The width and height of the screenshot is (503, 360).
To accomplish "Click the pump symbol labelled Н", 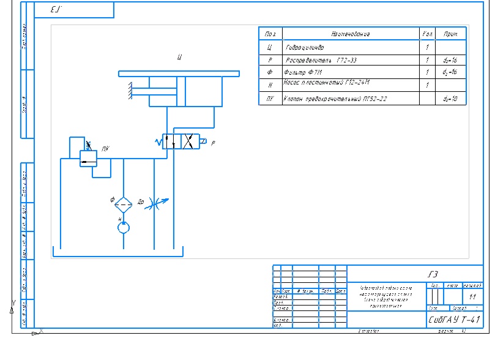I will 124,227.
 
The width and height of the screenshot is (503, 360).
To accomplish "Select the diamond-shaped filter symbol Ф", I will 124,204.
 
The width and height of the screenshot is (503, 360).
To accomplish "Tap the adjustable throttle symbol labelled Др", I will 157,202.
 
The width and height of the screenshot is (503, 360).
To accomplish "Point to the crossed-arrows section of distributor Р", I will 190,142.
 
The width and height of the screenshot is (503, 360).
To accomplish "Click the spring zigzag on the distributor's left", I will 158,142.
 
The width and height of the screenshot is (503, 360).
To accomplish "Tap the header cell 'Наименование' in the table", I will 349,34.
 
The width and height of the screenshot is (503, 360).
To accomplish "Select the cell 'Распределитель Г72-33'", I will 321,60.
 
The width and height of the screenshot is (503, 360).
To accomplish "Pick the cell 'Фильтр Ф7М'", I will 304,73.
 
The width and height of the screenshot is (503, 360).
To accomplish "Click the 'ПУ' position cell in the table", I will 269,98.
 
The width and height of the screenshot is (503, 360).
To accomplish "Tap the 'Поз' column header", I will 269,34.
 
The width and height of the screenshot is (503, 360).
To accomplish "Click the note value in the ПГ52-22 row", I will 450,98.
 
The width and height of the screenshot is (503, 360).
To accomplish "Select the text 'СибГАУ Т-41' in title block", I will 455,320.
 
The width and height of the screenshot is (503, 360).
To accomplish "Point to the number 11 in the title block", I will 472,296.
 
